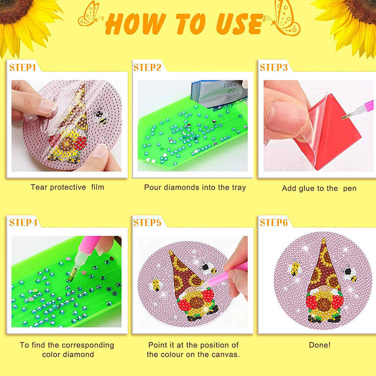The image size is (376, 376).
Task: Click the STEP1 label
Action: tap(22, 67)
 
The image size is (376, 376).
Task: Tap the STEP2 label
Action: tap(147, 67)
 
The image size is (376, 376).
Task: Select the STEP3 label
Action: tap(273, 67)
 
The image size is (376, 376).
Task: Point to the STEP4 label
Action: tap(23, 222)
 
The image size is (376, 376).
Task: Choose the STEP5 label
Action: tap(147, 222)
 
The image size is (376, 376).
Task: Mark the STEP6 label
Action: tap(273, 222)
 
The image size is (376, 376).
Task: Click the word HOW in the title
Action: tap(135, 24)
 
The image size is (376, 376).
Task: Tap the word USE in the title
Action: tap(239, 24)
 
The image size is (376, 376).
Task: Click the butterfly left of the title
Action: tap(90, 14)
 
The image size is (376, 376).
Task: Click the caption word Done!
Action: tap(320, 345)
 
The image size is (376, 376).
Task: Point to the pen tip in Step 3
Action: tap(344, 117)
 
